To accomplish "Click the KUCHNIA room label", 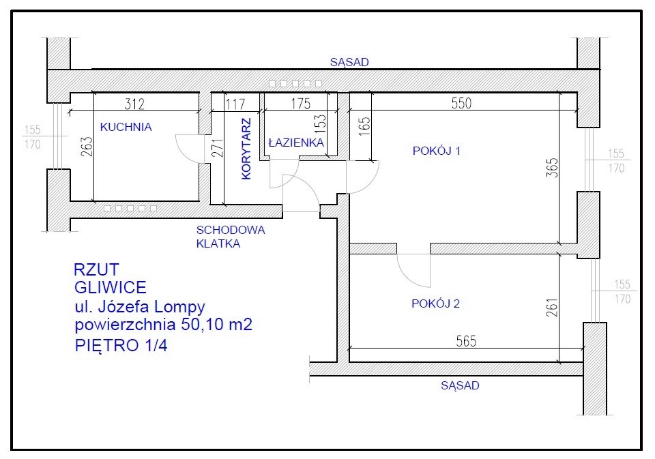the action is (126, 127).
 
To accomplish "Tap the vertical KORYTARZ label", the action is (246, 149).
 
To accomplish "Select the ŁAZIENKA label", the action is (296, 143).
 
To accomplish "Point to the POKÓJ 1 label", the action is (437, 151).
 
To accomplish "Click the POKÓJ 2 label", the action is (436, 303).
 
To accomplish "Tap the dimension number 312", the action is (134, 104).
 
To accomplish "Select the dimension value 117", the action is (235, 104).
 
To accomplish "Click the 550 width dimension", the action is (461, 103).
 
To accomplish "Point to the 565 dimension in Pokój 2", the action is (466, 341).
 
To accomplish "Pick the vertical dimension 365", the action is (552, 167).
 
